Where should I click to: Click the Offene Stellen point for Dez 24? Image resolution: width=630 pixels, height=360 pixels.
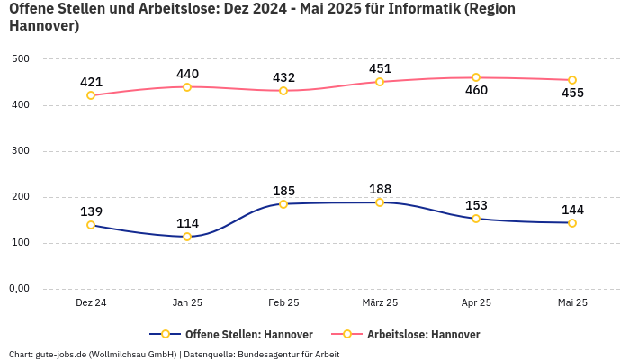91,225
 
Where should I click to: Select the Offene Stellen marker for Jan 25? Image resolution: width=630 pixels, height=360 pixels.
187,237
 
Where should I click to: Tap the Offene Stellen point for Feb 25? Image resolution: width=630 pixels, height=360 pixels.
283,204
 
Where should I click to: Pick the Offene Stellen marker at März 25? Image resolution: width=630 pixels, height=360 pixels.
380,202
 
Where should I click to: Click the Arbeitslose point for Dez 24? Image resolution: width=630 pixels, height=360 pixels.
91,95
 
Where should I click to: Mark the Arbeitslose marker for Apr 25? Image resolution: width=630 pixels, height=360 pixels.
476,77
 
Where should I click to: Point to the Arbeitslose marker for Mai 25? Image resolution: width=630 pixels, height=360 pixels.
572,80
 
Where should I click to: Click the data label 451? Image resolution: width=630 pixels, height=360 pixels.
380,68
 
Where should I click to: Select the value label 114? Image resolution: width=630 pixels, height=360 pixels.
187,223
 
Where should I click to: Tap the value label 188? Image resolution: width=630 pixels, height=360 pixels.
380,189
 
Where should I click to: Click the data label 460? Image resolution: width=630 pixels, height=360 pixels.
476,90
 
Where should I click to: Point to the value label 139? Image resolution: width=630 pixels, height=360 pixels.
91,211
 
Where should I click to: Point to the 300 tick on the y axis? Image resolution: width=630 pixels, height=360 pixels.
21,151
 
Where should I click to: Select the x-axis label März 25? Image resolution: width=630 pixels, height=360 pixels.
380,302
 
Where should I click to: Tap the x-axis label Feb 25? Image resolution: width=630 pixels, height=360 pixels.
283,302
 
